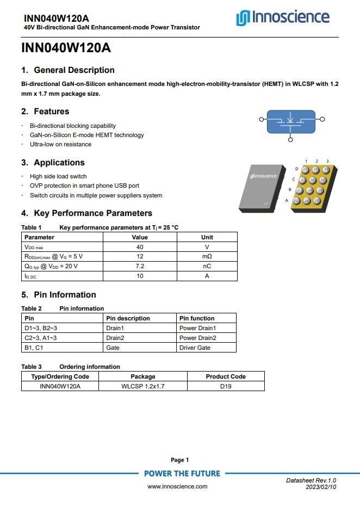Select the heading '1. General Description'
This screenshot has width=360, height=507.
(x=68, y=70)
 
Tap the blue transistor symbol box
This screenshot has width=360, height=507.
(x=290, y=121)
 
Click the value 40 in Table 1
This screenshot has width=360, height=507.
(x=140, y=247)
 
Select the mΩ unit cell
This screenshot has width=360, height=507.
(x=207, y=257)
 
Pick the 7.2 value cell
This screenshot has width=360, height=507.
(x=140, y=267)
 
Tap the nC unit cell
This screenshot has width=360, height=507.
(x=207, y=267)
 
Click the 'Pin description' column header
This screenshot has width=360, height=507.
(x=128, y=318)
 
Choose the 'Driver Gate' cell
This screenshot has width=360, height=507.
(x=195, y=348)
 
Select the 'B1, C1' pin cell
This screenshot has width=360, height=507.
(x=34, y=348)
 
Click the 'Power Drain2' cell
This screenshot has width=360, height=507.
(x=197, y=338)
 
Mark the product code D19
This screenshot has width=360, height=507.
(x=226, y=386)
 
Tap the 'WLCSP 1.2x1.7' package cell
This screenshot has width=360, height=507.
(x=143, y=386)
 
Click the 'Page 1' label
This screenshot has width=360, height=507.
(x=180, y=460)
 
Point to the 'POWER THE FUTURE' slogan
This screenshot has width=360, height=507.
(x=182, y=474)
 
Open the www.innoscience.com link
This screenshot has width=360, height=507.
(x=177, y=486)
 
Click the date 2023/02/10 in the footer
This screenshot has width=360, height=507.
(x=321, y=487)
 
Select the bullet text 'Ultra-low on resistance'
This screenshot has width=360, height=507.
(x=60, y=144)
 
